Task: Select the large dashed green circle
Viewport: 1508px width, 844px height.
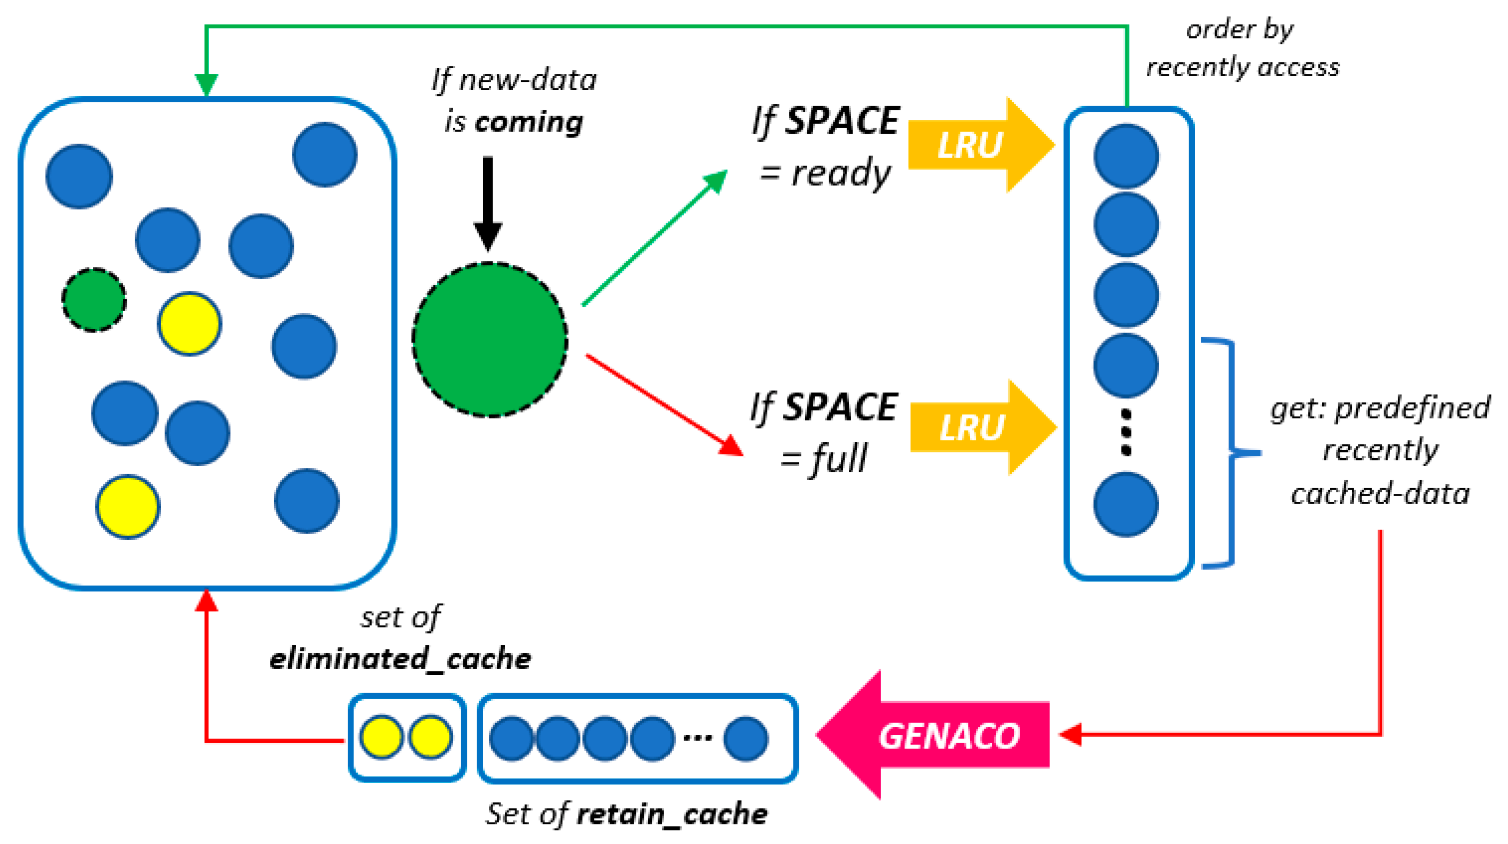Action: tap(489, 340)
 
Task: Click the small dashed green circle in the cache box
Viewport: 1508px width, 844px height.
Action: tap(94, 300)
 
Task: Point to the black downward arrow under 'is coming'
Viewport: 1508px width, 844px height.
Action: tap(488, 202)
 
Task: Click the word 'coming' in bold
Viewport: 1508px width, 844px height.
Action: tap(529, 122)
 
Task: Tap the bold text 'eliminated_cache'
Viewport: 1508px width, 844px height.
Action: tap(400, 659)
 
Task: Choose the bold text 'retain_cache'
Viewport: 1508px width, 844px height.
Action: tap(671, 814)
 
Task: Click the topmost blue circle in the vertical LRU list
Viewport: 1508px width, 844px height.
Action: tap(1126, 156)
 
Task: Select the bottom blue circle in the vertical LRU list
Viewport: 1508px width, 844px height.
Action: tap(1126, 504)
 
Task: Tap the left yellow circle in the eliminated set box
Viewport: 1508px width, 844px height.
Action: tap(381, 737)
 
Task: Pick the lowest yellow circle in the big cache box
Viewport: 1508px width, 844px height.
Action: tap(128, 507)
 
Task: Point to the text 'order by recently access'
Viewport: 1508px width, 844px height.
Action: tap(1242, 48)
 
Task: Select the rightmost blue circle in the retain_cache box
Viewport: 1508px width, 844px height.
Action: tap(745, 738)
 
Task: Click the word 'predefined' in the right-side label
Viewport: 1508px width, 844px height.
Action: tap(1412, 408)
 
